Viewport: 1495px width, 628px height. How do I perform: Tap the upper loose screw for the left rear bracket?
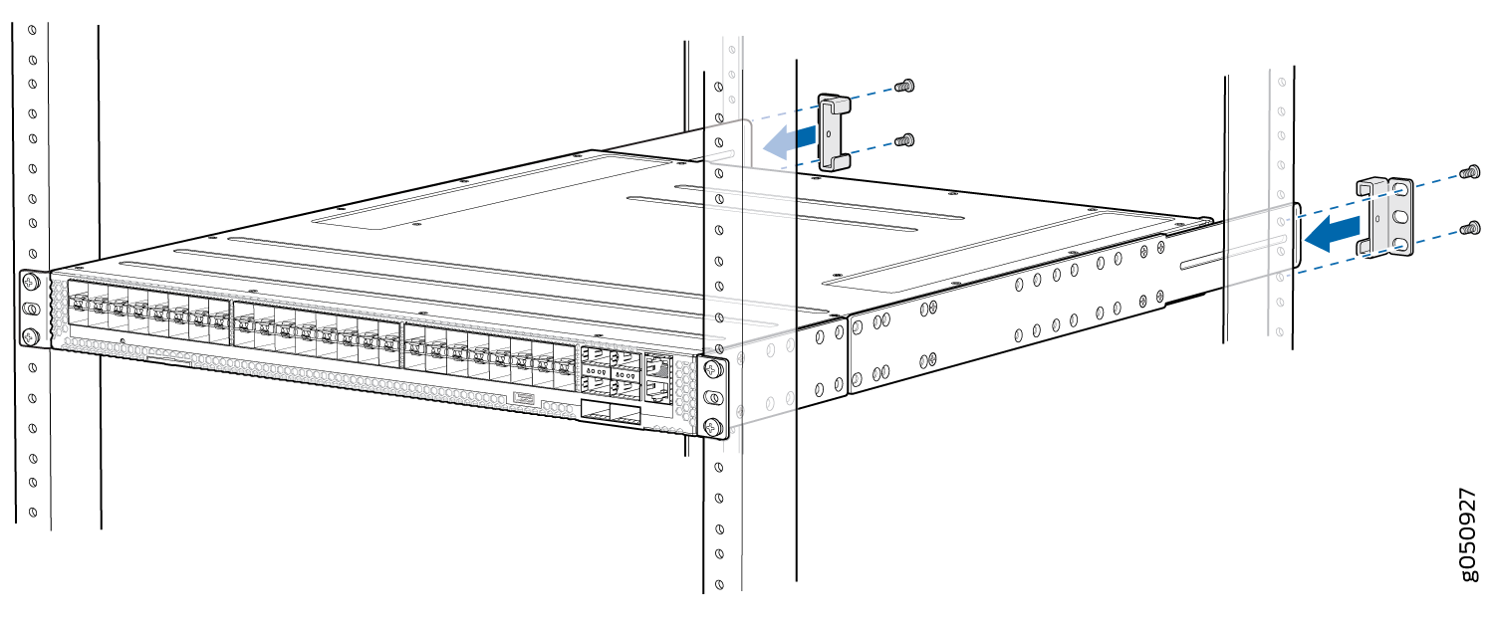click(x=904, y=87)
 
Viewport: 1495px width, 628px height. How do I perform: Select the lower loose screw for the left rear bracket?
click(x=904, y=142)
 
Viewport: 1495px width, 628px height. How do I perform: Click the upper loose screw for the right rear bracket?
click(x=1467, y=173)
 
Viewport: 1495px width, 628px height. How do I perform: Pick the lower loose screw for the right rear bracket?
click(x=1467, y=230)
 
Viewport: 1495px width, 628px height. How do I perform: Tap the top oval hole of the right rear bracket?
click(x=1400, y=189)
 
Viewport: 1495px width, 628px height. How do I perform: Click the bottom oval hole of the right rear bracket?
click(x=1399, y=244)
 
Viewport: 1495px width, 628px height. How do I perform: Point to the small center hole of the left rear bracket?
click(x=833, y=130)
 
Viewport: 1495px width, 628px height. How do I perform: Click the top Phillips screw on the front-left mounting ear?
click(x=31, y=283)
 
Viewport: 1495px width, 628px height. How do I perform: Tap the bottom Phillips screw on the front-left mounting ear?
click(x=31, y=335)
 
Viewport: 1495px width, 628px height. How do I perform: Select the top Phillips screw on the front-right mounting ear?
click(x=712, y=370)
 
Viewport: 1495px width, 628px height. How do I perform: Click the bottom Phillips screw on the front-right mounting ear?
click(x=712, y=427)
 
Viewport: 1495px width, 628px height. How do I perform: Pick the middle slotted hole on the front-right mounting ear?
click(x=712, y=398)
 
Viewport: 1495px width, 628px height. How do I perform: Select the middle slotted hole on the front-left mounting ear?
click(x=31, y=310)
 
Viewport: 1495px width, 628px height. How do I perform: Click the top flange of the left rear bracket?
click(x=833, y=100)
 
